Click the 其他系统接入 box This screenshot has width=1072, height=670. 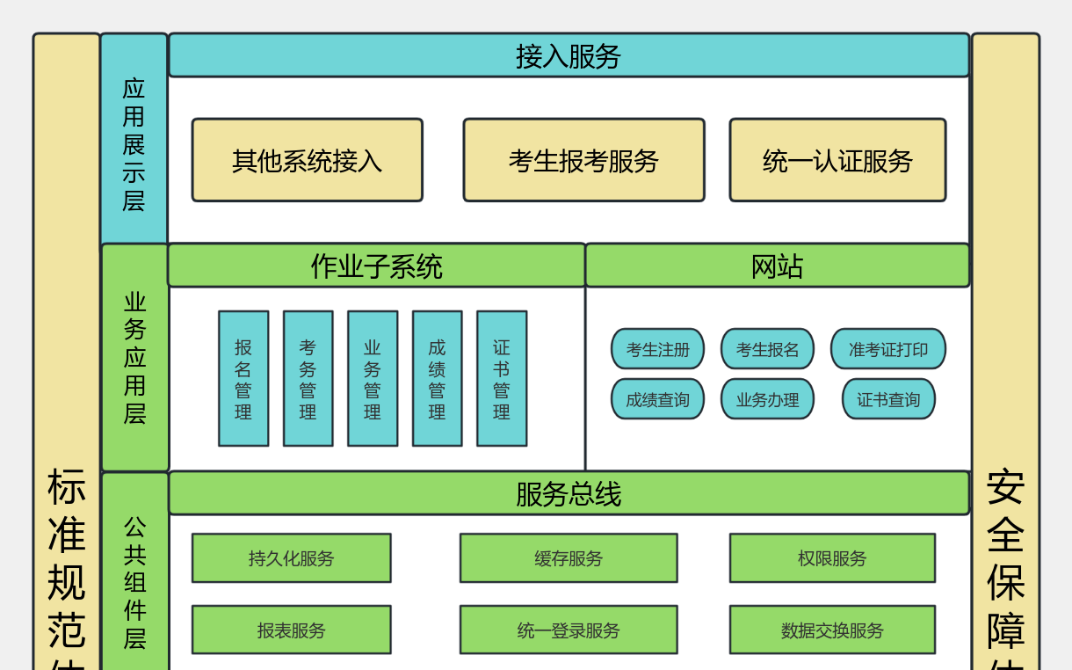[x=307, y=160]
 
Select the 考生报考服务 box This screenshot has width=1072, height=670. [x=583, y=160]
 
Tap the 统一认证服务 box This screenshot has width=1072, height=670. [x=837, y=160]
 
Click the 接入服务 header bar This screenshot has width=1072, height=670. [x=569, y=55]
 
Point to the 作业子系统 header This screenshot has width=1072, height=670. [x=376, y=266]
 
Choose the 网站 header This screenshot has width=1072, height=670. [x=777, y=266]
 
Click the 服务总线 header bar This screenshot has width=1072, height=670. [x=569, y=493]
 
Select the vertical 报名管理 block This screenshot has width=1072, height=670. [x=243, y=378]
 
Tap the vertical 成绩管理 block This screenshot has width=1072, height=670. [x=437, y=378]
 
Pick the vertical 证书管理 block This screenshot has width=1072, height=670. [x=502, y=378]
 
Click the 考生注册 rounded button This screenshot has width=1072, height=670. [x=657, y=349]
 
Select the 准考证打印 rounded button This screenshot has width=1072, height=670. [x=887, y=349]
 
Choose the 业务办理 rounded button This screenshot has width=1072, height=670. [x=767, y=399]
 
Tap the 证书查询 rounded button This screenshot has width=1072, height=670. [x=888, y=399]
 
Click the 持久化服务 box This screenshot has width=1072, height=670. [x=291, y=558]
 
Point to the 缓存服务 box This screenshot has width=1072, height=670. [x=569, y=558]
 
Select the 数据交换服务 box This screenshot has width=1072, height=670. [x=832, y=630]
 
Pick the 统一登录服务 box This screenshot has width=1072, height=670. [x=569, y=630]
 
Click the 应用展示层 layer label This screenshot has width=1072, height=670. [x=134, y=141]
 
